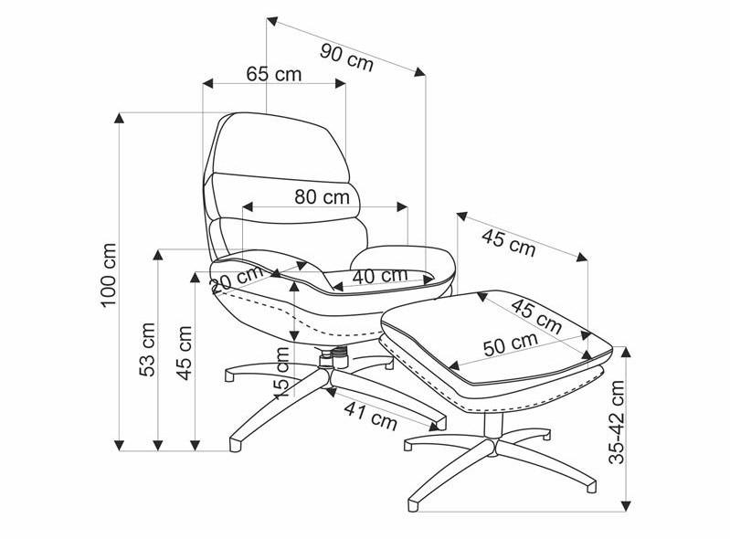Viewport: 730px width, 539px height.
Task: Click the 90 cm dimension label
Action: point(347,58)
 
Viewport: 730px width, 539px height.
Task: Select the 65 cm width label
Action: point(274,74)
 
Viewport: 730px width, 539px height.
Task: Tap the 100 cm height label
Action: point(109,275)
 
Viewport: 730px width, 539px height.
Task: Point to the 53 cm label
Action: point(147,350)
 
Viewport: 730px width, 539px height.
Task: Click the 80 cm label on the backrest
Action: point(323,197)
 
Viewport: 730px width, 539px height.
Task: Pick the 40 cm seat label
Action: point(380,276)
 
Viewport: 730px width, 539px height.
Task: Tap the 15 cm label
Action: point(281,373)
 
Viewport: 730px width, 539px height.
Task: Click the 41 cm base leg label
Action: point(371,416)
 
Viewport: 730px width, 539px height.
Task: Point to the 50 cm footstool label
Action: point(511,344)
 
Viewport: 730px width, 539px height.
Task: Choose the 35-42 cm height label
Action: point(618,422)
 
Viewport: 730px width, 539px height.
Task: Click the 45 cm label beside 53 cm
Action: point(185,353)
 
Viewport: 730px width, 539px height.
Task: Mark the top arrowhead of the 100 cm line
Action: point(120,118)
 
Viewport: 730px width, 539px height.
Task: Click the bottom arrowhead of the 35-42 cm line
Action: point(627,506)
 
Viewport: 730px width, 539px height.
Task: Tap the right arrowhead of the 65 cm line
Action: point(340,83)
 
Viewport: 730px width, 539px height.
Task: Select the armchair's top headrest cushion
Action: point(282,146)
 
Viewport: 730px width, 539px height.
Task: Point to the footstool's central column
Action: point(493,425)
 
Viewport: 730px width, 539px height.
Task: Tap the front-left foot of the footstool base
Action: point(413,505)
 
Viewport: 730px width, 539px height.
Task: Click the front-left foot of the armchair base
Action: point(236,445)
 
